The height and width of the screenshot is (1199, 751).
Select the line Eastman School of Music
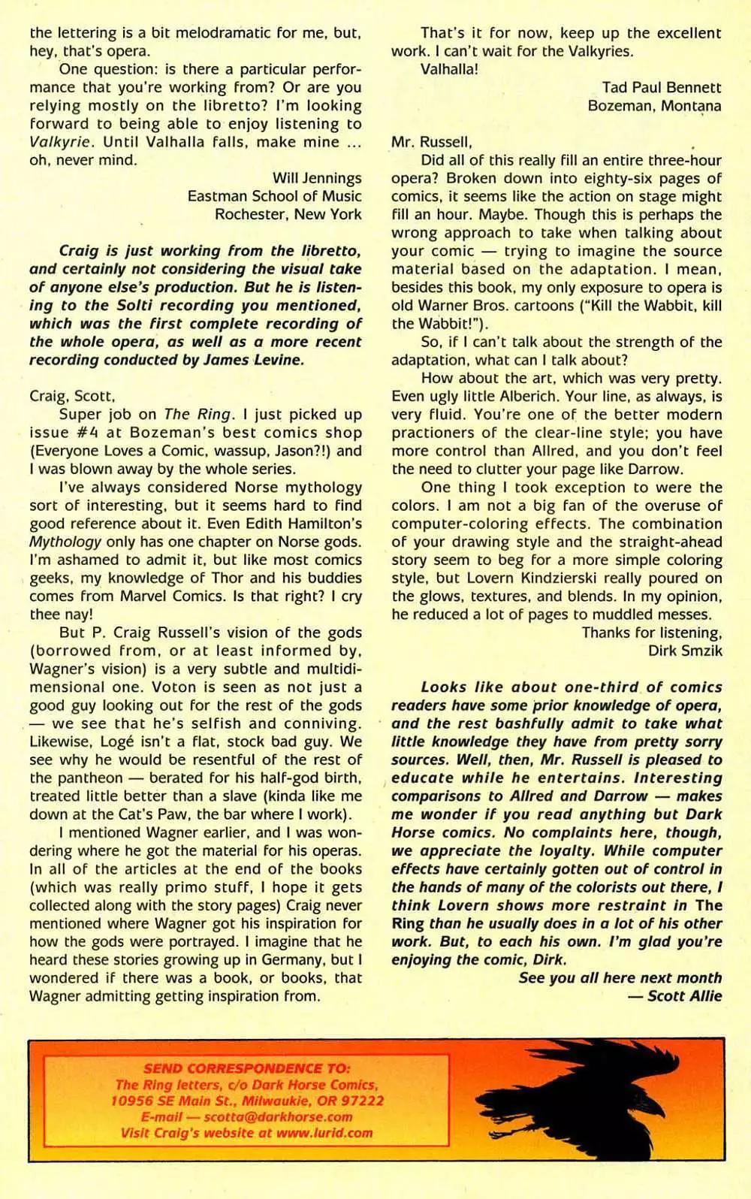pyautogui.click(x=274, y=196)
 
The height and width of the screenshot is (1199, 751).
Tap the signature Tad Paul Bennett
pyautogui.click(x=661, y=88)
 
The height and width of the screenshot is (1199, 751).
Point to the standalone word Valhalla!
pyautogui.click(x=449, y=69)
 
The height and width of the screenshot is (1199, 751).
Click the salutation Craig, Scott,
pyautogui.click(x=72, y=396)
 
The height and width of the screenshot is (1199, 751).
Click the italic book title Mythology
pyautogui.click(x=65, y=542)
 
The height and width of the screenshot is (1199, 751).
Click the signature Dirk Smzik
pyautogui.click(x=684, y=651)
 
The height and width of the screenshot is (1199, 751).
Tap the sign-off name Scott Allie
pyautogui.click(x=684, y=996)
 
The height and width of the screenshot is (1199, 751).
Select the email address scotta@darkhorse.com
pyautogui.click(x=278, y=1117)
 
